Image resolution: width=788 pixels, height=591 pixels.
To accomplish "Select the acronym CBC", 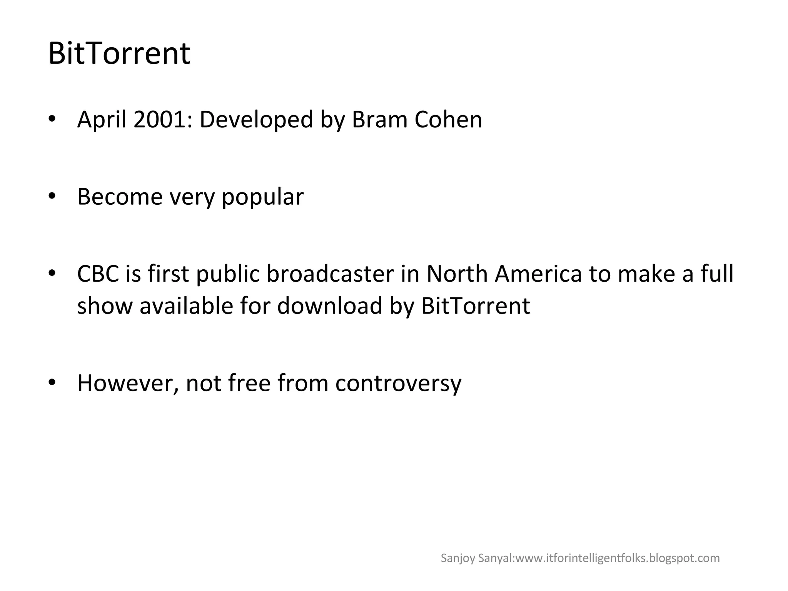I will point(98,274).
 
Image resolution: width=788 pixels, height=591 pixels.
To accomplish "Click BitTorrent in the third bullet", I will point(476,306).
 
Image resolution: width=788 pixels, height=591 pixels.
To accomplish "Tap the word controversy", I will point(398,384).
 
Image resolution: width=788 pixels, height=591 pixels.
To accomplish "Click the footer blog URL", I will point(617,558).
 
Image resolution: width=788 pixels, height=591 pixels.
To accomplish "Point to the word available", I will point(186,306).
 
